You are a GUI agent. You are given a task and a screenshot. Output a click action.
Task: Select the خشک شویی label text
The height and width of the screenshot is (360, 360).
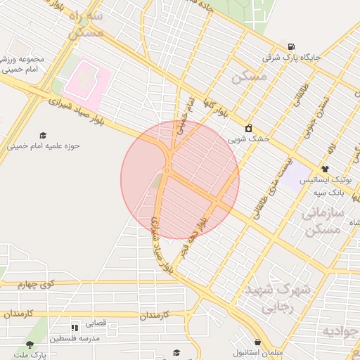tap(254, 139)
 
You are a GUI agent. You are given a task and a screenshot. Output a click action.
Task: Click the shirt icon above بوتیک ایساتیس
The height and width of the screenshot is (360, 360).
tap(325, 169)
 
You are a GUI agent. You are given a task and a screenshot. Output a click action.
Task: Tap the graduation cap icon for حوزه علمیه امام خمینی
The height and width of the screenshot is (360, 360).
tap(43, 135)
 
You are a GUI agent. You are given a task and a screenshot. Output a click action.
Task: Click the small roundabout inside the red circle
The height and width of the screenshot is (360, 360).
tap(167, 171)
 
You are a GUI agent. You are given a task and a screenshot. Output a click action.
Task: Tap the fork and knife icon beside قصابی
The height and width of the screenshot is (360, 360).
tap(74, 328)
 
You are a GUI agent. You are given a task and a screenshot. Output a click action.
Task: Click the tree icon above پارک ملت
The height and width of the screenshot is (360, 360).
tap(30, 345)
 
